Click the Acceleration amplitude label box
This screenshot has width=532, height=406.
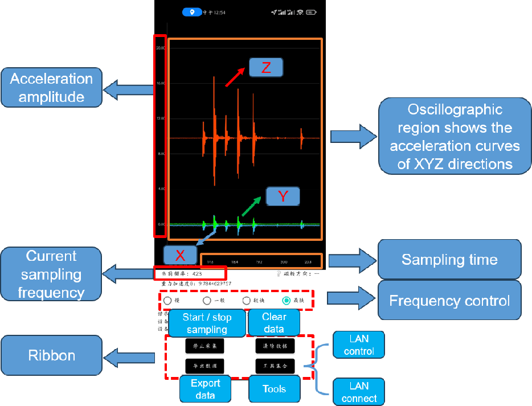click(x=51, y=87)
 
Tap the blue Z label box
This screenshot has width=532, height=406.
click(x=265, y=67)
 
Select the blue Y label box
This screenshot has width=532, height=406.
click(x=283, y=196)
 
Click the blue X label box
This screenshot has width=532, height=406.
click(x=180, y=255)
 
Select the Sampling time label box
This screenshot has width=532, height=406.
click(x=449, y=260)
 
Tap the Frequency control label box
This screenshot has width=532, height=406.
click(x=449, y=300)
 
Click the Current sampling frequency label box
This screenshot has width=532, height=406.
click(x=51, y=274)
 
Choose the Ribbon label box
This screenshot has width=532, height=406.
click(x=51, y=356)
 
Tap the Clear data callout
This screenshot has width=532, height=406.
click(x=273, y=323)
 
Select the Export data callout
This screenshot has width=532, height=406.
click(x=206, y=389)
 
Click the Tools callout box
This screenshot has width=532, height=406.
click(x=273, y=389)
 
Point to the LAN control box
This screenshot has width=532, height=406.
click(x=359, y=345)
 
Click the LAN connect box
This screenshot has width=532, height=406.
click(x=359, y=392)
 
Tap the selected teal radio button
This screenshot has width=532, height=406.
click(x=287, y=301)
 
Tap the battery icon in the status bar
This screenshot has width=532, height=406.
click(x=310, y=12)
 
